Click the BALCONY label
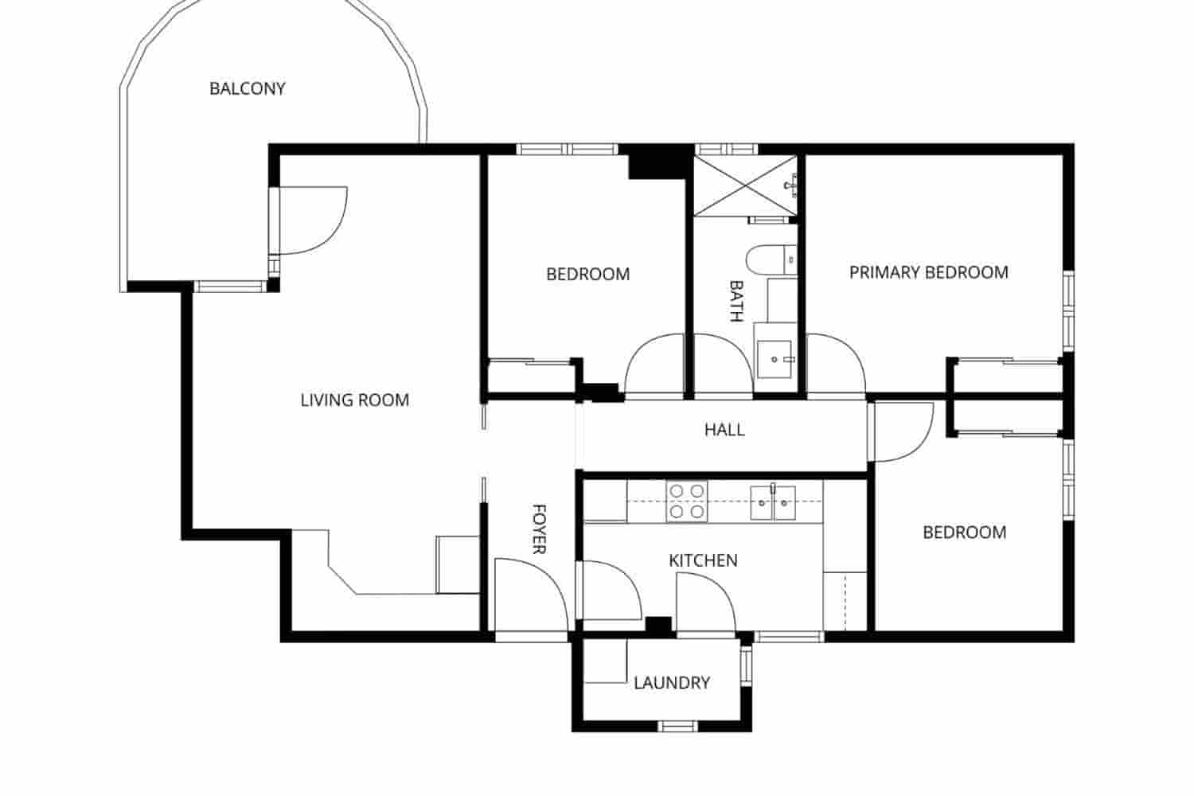247,88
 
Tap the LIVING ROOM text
354,400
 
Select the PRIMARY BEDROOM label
928,272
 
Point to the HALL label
724,430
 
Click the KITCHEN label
703,560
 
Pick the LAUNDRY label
672,682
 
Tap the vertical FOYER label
539,529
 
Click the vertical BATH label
736,300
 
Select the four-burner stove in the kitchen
687,502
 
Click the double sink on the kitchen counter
773,502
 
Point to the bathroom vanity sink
775,359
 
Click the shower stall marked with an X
743,185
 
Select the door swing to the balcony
310,220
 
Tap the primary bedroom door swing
834,365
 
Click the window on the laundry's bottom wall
678,725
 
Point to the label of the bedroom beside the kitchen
964,532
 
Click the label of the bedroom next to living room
587,274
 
